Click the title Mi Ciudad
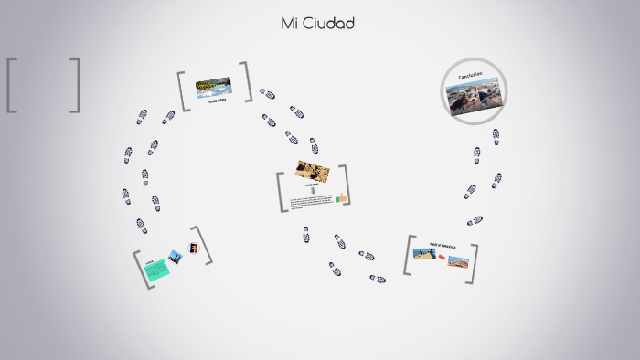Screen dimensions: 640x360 [x=317, y=23]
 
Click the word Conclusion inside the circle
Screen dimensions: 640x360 [x=470, y=76]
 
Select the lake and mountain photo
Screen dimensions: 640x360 [x=213, y=86]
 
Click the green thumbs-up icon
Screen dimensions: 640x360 [x=341, y=197]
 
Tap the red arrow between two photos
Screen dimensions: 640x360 [x=441, y=257]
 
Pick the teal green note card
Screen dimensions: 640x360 [x=156, y=269]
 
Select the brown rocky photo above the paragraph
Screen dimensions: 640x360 [x=312, y=171]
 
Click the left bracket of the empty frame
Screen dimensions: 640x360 [x=12, y=85]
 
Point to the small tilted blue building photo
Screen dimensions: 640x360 [x=176, y=257]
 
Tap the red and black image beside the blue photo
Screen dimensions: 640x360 [x=193, y=248]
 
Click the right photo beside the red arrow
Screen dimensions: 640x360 [x=458, y=262]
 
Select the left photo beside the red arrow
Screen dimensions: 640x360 [x=423, y=253]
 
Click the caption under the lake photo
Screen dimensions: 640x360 [x=217, y=101]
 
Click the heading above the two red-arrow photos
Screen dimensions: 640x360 [x=442, y=245]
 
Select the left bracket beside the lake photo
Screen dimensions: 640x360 [x=183, y=91]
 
